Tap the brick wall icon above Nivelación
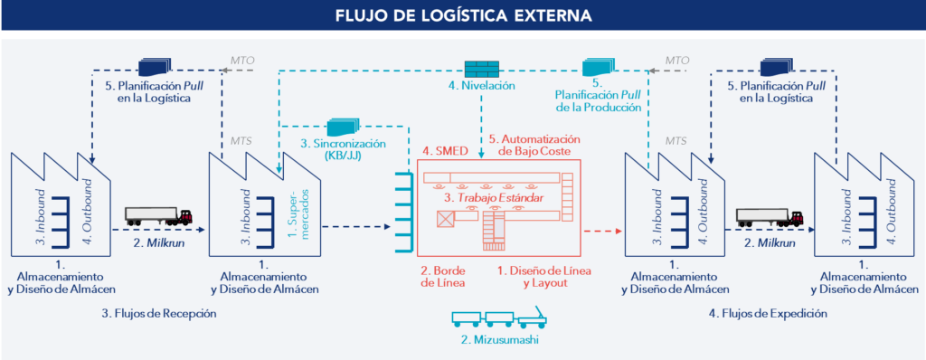pyautogui.click(x=480, y=68)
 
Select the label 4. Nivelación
pyautogui.click(x=481, y=86)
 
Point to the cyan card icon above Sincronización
pyautogui.click(x=343, y=128)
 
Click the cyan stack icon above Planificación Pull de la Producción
pyautogui.click(x=598, y=67)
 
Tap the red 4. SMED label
pyautogui.click(x=443, y=151)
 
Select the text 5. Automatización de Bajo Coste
pyautogui.click(x=533, y=147)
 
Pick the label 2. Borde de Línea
pyautogui.click(x=443, y=276)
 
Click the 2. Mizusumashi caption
pyautogui.click(x=496, y=339)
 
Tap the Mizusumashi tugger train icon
pyautogui.click(x=496, y=318)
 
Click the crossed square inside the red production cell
pyautogui.click(x=446, y=219)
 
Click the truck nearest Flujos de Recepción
pyautogui.click(x=158, y=217)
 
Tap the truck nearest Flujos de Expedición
pyautogui.click(x=770, y=217)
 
